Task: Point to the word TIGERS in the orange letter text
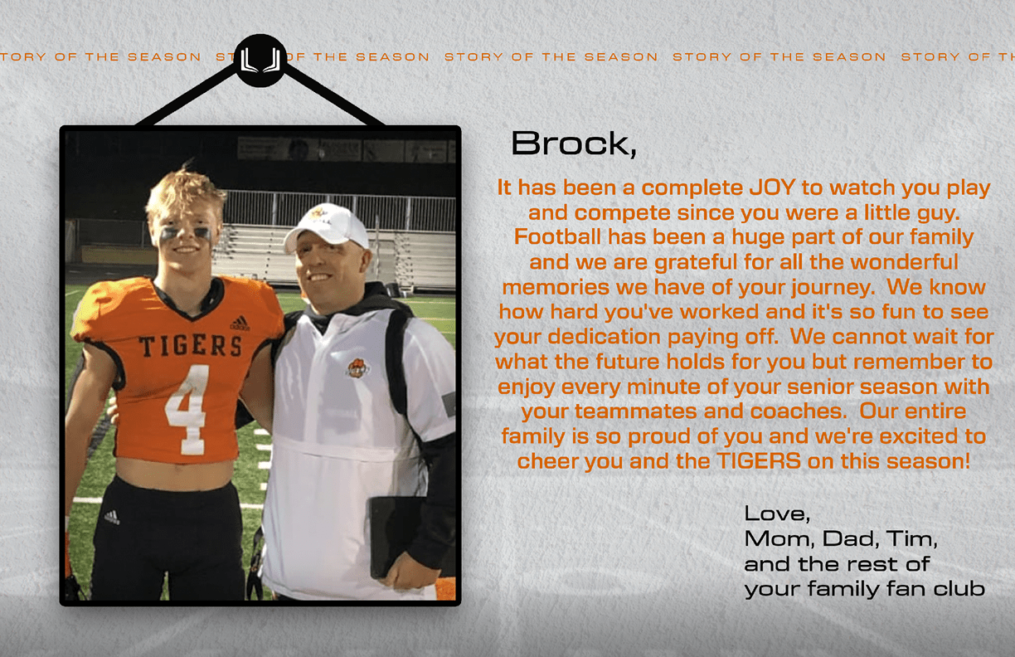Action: tap(759, 461)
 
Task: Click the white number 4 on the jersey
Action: tap(187, 410)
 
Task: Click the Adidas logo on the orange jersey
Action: tap(240, 323)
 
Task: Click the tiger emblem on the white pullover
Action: tap(357, 367)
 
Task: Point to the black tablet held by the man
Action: tap(395, 538)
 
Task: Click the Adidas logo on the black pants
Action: tap(112, 517)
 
